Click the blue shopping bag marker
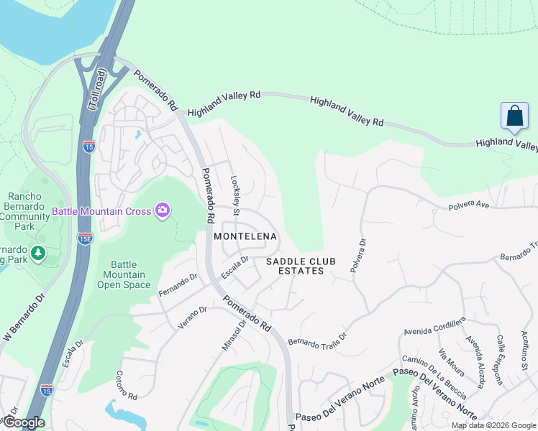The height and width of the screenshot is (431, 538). pyautogui.click(x=515, y=116)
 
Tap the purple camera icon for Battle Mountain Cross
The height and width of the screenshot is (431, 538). pyautogui.click(x=163, y=210)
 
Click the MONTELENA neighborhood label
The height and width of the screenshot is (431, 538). pyautogui.click(x=245, y=236)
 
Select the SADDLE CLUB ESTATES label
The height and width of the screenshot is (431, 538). pyautogui.click(x=301, y=266)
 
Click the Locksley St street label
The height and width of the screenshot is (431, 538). pyautogui.click(x=234, y=196)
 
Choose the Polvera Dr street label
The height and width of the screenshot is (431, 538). pyautogui.click(x=357, y=255)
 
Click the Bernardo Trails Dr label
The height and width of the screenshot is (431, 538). pyautogui.click(x=317, y=335)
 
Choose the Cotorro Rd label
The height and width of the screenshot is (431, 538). pyautogui.click(x=127, y=386)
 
